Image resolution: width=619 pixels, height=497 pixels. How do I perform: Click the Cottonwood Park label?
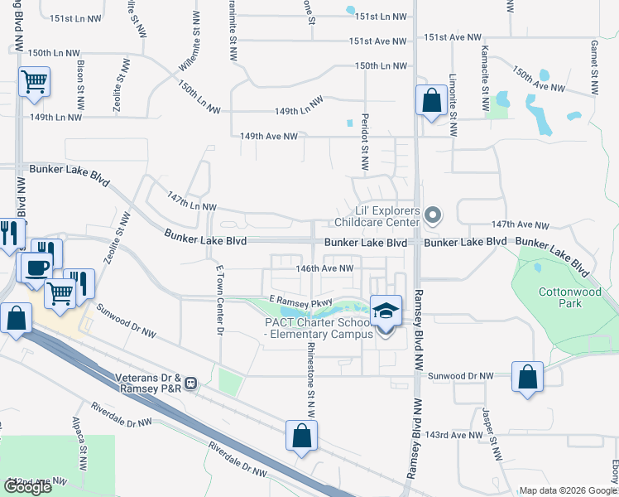(x=560, y=297)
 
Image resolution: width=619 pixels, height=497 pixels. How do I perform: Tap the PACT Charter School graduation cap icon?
(x=386, y=311)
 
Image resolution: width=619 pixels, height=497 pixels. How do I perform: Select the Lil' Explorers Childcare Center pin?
(x=432, y=217)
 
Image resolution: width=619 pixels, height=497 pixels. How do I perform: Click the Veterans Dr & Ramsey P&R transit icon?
(x=191, y=384)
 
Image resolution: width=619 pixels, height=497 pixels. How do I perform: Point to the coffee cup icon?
(x=36, y=268)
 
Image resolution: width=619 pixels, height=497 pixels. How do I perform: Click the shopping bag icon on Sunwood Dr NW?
(x=528, y=377)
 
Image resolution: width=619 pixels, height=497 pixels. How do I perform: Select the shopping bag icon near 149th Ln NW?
(x=431, y=101)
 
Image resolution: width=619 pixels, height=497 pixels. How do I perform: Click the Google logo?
(x=28, y=487)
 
